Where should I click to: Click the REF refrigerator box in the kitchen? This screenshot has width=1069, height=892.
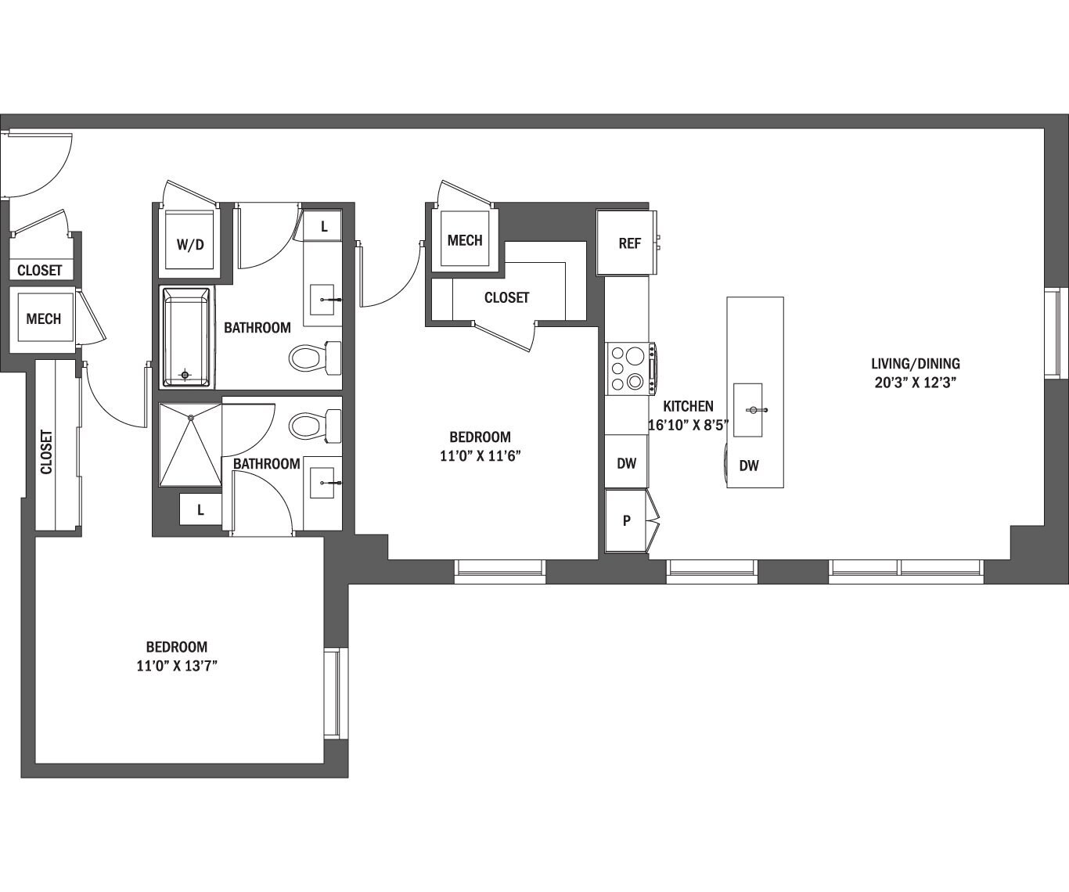pos(628,243)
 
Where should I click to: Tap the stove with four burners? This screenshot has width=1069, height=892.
pos(629,369)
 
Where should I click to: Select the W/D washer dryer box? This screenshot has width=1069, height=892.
pos(189,244)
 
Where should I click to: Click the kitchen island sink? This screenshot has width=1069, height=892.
pos(748,410)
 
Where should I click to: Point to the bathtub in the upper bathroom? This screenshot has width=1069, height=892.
pos(186,337)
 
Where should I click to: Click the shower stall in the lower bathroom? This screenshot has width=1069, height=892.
pos(190,444)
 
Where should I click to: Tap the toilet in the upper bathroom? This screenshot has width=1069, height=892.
pos(314,358)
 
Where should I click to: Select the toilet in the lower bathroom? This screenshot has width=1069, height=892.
pos(314,426)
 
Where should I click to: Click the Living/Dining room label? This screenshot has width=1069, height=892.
pos(915,364)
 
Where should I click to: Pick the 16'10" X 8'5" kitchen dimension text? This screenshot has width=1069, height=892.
pos(688,425)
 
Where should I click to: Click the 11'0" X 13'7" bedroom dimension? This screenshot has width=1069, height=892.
pos(176,666)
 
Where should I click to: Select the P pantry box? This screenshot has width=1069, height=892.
pos(626,520)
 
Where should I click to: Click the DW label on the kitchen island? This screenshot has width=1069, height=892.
pos(749,466)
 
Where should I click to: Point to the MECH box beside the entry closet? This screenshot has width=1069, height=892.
pos(43,319)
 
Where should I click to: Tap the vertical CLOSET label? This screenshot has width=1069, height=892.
pos(47,452)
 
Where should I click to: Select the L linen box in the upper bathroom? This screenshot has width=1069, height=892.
pos(323,228)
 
